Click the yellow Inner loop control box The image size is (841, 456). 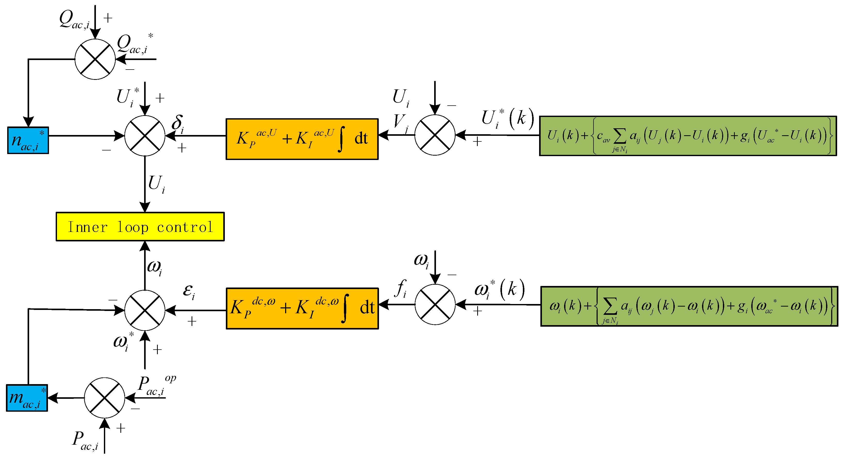pos(140,227)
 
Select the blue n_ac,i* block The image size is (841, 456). pos(28,140)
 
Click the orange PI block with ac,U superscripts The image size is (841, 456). pos(302,139)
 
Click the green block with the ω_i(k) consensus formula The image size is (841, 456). pos(689,306)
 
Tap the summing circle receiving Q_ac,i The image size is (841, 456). pos(95,59)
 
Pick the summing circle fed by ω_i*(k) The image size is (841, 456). pos(435,304)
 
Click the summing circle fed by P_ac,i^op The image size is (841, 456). pos(104,398)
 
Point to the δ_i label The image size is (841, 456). pos(178,124)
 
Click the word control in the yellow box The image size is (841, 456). pos(185,227)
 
